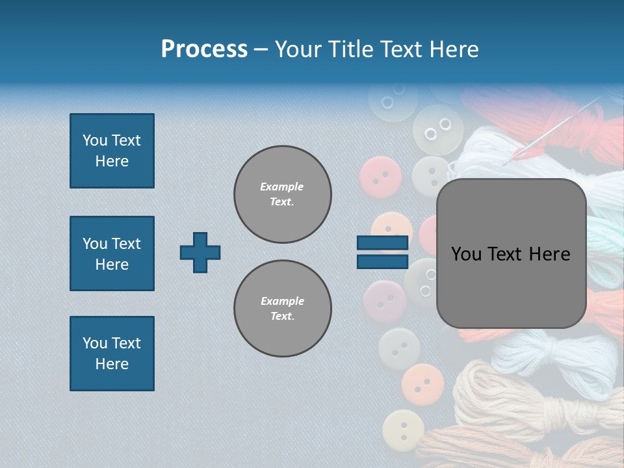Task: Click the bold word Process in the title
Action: [x=204, y=49]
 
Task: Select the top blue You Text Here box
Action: [x=112, y=151]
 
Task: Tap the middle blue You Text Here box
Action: [x=112, y=253]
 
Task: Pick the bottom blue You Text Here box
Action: [x=112, y=354]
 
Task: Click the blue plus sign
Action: [x=200, y=252]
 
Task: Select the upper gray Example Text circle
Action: [x=282, y=194]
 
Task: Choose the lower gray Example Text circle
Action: [x=282, y=308]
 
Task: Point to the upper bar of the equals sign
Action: [x=382, y=242]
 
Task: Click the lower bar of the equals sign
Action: [x=382, y=262]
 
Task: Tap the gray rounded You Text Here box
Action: [x=511, y=253]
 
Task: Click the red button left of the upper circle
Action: [x=380, y=177]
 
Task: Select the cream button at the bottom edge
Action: [x=403, y=430]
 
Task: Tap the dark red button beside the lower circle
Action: [x=385, y=302]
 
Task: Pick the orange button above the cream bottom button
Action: [x=422, y=385]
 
